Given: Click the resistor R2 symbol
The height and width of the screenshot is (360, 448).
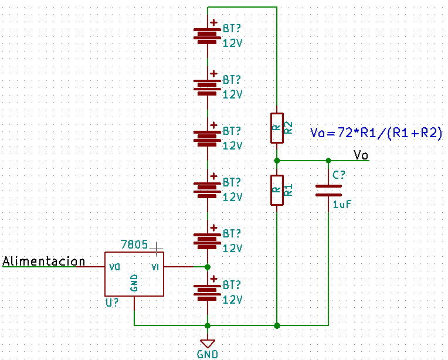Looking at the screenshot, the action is click(x=277, y=128).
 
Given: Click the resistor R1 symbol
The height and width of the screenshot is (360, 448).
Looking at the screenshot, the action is click(x=277, y=191).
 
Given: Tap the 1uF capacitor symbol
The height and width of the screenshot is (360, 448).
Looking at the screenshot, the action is click(x=328, y=191).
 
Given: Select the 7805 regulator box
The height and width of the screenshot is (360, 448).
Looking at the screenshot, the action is click(x=134, y=274).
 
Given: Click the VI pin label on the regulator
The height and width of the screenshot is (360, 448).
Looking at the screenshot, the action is click(x=155, y=267).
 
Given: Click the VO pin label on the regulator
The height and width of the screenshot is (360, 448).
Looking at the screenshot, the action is click(x=114, y=267).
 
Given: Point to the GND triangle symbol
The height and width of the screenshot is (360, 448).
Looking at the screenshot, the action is click(x=208, y=344).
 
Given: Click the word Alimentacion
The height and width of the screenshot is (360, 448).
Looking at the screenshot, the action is click(x=44, y=261).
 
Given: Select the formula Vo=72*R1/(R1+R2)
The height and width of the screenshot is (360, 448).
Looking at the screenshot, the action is click(x=376, y=133).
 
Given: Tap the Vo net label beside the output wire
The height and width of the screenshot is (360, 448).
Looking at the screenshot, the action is click(x=361, y=155).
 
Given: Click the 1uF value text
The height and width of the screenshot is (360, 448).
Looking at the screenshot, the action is click(x=342, y=204).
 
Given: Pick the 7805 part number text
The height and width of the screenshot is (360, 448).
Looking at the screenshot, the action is click(x=134, y=244).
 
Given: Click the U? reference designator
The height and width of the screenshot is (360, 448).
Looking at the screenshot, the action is click(x=112, y=303).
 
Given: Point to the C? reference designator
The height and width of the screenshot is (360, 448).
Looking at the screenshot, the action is click(x=339, y=175).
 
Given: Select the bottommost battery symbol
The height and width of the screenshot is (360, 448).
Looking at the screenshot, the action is click(x=208, y=290).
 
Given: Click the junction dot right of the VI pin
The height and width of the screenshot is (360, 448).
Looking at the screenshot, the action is click(x=208, y=267).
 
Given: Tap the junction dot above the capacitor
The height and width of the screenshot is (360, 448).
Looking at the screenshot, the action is click(x=328, y=161).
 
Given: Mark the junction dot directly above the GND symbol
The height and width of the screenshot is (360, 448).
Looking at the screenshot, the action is click(x=208, y=325).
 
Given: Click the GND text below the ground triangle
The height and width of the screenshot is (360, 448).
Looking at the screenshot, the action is click(x=208, y=354).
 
